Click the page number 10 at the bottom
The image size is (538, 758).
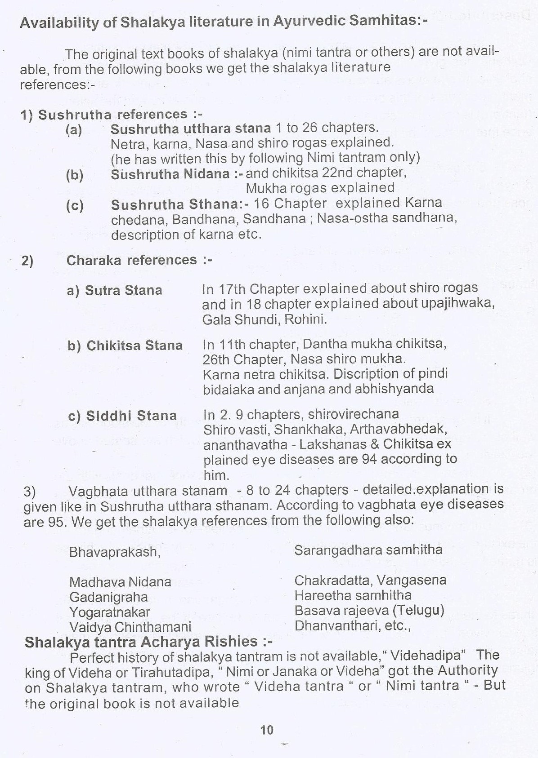[267, 730]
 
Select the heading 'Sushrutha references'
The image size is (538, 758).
[112, 115]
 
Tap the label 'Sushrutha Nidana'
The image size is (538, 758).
[170, 174]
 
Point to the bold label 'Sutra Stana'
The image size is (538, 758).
[123, 290]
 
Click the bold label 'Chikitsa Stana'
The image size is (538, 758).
[134, 346]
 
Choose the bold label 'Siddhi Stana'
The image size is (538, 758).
[131, 416]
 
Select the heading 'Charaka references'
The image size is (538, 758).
[131, 260]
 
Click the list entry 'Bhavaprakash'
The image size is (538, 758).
[114, 552]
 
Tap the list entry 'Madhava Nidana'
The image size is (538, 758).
[120, 582]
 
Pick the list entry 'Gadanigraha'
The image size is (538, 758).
[108, 597]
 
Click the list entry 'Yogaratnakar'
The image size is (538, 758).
[110, 612]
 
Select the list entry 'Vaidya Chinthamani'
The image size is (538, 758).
[130, 627]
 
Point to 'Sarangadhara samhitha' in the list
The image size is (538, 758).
[368, 550]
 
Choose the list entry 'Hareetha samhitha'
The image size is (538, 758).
[353, 595]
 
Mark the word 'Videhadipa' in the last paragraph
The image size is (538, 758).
[427, 656]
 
